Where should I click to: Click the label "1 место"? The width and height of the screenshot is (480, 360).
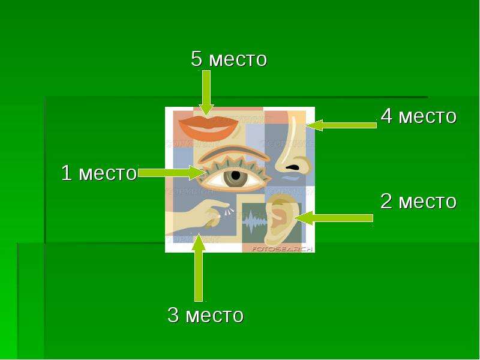coord(99,173)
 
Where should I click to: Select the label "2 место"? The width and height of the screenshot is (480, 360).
coord(418,202)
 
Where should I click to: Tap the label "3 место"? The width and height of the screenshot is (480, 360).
coord(205,314)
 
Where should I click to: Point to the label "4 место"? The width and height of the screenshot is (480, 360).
coord(418,116)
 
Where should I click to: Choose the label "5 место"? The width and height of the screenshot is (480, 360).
coord(229,59)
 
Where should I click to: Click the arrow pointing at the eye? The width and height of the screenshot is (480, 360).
coord(172,173)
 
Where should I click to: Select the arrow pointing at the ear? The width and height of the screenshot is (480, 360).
coord(334,218)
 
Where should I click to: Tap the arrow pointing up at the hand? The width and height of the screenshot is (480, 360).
coord(199,268)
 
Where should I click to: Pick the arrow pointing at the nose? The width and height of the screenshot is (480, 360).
coord(341,125)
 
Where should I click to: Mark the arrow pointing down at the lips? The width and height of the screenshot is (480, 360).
coord(206,93)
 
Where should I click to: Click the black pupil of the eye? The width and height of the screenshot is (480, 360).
coord(236,175)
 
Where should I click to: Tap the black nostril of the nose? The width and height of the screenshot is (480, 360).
coord(293,167)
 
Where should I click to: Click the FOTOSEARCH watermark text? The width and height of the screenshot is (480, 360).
coord(281,249)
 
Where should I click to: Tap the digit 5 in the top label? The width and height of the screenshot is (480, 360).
coord(197,59)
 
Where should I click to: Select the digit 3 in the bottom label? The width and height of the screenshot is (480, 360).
coord(173,314)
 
